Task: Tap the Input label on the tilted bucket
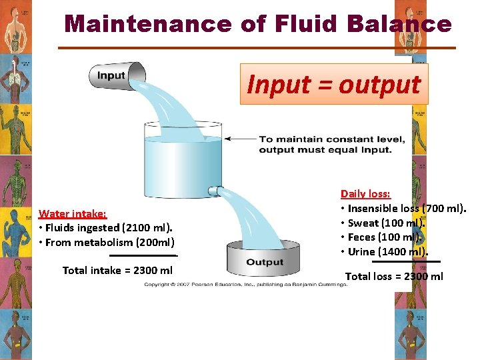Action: [x=111, y=75]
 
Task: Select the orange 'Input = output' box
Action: [x=334, y=85]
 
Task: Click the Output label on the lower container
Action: [x=265, y=262]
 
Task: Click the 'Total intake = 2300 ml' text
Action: [x=117, y=270]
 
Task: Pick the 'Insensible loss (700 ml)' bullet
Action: [x=404, y=209]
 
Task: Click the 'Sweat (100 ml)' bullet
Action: [x=383, y=223]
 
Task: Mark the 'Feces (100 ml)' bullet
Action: [x=383, y=237]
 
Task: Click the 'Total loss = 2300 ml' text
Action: [x=394, y=276]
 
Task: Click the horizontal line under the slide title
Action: [x=257, y=47]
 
